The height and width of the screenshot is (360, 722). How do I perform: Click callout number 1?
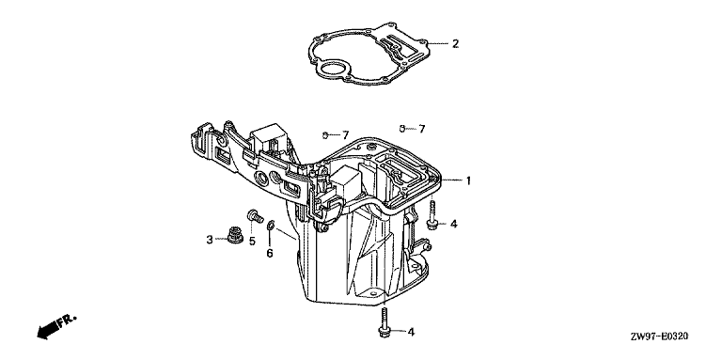468,180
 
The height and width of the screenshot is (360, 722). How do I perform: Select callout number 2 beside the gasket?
455,44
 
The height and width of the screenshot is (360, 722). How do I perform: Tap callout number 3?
210,240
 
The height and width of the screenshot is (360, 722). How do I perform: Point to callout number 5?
252,242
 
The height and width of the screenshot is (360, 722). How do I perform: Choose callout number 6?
270,253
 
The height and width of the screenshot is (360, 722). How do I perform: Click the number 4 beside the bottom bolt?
411,332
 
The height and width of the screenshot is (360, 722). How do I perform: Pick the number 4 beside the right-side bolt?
453,225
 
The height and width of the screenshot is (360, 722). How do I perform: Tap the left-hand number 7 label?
345,135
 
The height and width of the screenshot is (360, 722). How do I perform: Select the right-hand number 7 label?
422,129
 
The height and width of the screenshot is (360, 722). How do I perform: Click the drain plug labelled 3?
235,234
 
